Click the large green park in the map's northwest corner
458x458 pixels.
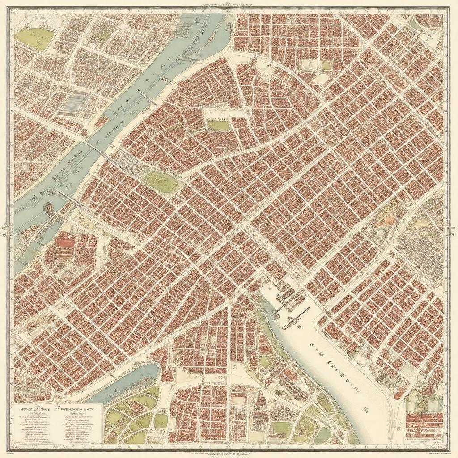(34, 38)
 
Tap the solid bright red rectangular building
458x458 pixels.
(65, 243)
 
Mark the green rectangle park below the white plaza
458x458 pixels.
(218, 126)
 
